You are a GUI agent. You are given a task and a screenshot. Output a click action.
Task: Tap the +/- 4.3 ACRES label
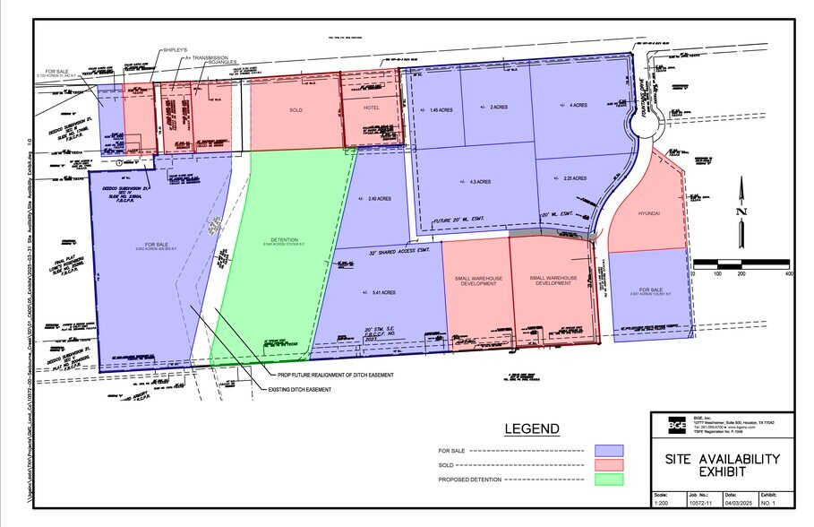click(476, 182)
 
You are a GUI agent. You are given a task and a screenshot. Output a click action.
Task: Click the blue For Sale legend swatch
click(608, 451)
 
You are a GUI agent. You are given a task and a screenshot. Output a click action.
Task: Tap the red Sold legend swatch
click(608, 465)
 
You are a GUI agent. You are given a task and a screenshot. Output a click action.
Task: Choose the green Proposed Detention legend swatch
click(608, 480)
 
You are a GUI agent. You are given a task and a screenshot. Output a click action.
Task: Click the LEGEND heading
click(532, 429)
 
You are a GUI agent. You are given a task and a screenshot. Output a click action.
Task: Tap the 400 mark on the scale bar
click(787, 273)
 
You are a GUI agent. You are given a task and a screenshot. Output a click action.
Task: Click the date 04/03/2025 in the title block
click(739, 505)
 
